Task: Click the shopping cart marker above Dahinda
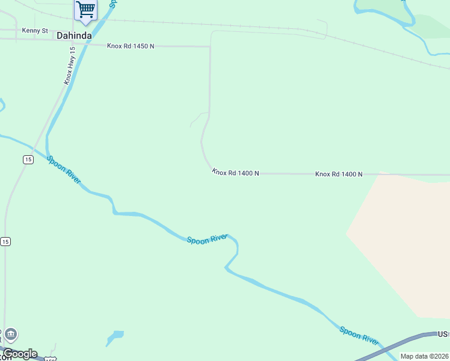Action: pyautogui.click(x=85, y=10)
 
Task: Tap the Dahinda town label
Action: pyautogui.click(x=74, y=35)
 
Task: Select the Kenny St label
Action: pyautogui.click(x=34, y=30)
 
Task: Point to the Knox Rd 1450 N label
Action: pyautogui.click(x=131, y=46)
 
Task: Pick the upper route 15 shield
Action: pyautogui.click(x=28, y=159)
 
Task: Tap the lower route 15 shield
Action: pyautogui.click(x=5, y=241)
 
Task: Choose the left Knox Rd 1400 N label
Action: pyautogui.click(x=235, y=173)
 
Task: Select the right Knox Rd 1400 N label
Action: pyautogui.click(x=339, y=174)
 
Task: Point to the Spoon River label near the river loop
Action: pyautogui.click(x=206, y=239)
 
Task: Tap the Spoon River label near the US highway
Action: pyautogui.click(x=359, y=336)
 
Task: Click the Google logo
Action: pyautogui.click(x=20, y=354)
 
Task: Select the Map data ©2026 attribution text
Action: pyautogui.click(x=425, y=356)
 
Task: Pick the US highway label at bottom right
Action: pyautogui.click(x=443, y=333)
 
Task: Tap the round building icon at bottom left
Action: pyautogui.click(x=11, y=335)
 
